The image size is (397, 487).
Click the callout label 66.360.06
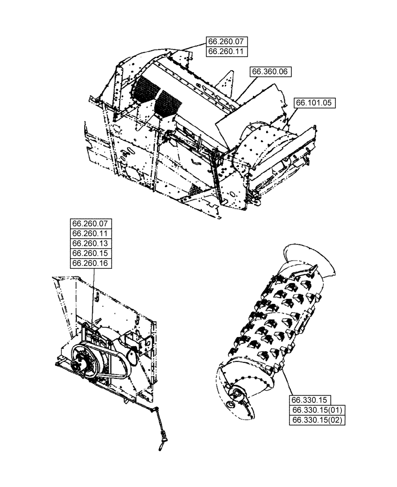271,72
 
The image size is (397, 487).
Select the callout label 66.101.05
315,103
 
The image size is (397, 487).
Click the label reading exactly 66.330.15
310,399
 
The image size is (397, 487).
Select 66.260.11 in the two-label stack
227,51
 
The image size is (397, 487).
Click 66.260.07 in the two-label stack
227,41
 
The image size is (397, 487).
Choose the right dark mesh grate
168,102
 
